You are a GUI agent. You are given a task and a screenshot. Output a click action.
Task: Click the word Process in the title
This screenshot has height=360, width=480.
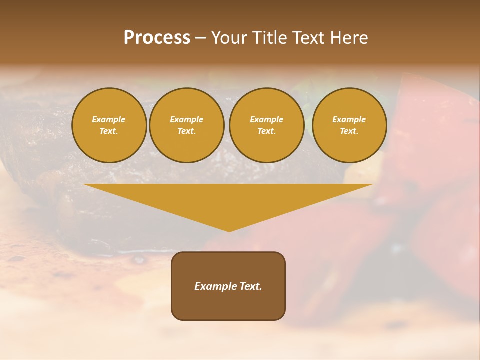point(157,38)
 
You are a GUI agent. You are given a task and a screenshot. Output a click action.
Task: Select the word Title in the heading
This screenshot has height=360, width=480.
point(272,38)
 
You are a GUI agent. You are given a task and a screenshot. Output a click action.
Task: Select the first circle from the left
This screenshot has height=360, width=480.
point(109,125)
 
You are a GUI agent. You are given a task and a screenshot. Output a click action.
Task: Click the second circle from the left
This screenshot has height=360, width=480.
point(187,125)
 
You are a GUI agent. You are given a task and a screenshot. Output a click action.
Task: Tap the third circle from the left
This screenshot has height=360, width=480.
point(267,125)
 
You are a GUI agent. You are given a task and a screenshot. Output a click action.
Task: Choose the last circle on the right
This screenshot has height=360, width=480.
point(349,125)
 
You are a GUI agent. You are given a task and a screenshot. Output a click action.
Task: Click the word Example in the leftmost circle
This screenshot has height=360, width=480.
point(109,120)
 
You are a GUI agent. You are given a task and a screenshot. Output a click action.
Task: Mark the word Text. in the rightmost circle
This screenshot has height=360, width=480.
point(349,131)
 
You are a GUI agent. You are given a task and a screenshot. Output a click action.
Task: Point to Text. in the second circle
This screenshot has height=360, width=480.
point(187,131)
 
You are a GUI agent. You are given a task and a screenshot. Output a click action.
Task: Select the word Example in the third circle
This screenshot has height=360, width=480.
point(267,120)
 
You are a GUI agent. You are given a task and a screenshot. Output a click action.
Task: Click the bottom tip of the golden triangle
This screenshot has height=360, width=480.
point(229,230)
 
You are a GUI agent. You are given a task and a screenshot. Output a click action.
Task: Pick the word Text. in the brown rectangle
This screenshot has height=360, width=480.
point(251,286)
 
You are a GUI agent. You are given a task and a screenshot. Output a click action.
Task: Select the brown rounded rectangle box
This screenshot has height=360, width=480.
point(228,305)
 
